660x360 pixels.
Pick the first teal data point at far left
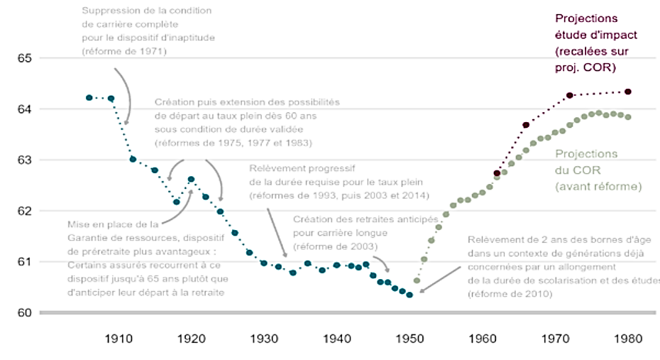coord(89,97)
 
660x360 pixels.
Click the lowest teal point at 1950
coord(409,295)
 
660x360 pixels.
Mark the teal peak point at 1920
coord(191,179)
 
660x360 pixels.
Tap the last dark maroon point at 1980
coord(628,92)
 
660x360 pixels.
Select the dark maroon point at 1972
coord(569,95)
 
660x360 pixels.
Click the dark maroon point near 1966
coord(526,125)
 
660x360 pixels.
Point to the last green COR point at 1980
coord(628,117)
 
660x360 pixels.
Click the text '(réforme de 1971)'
coord(123,52)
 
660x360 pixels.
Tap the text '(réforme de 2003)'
coord(335,246)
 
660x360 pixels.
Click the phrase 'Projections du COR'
coord(586,162)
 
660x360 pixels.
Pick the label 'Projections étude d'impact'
coord(586,26)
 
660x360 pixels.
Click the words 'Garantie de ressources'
coord(125,238)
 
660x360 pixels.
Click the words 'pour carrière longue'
coord(341,232)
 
